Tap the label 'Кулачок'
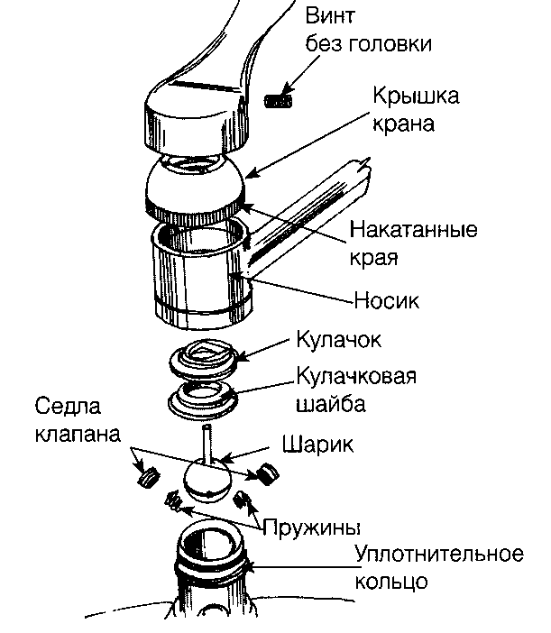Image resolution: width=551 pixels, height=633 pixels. click(338, 341)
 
